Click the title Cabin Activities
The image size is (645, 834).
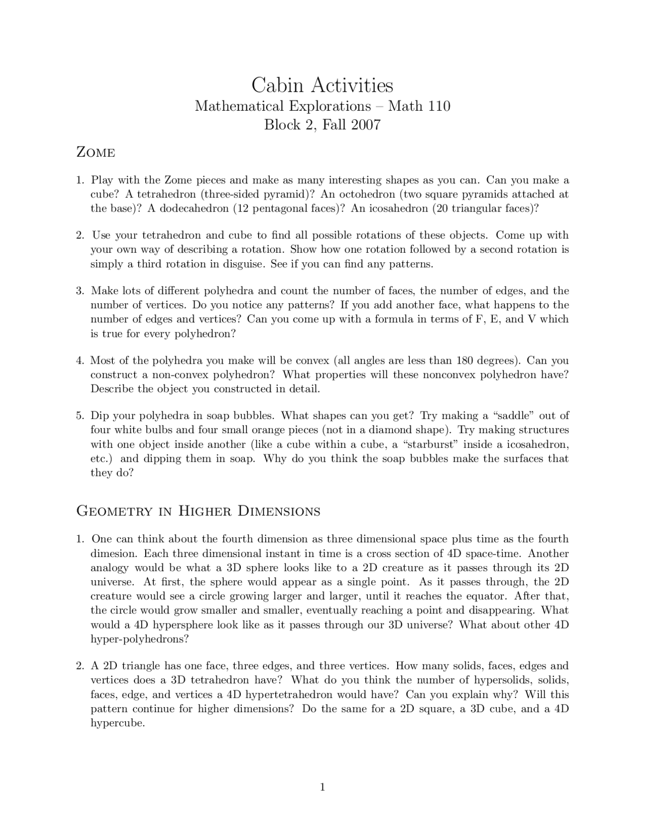pyautogui.click(x=322, y=85)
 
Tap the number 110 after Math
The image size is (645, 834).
pyautogui.click(x=439, y=106)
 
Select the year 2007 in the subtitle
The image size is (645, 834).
pyautogui.click(x=366, y=125)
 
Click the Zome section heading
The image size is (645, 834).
pyautogui.click(x=95, y=152)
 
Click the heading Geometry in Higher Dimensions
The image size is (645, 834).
pyautogui.click(x=198, y=511)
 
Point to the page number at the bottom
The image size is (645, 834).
pyautogui.click(x=322, y=787)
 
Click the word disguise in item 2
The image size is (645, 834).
pyautogui.click(x=245, y=264)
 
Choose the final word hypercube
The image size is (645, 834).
pyautogui.click(x=117, y=723)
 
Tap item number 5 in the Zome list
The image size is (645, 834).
pyautogui.click(x=80, y=416)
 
